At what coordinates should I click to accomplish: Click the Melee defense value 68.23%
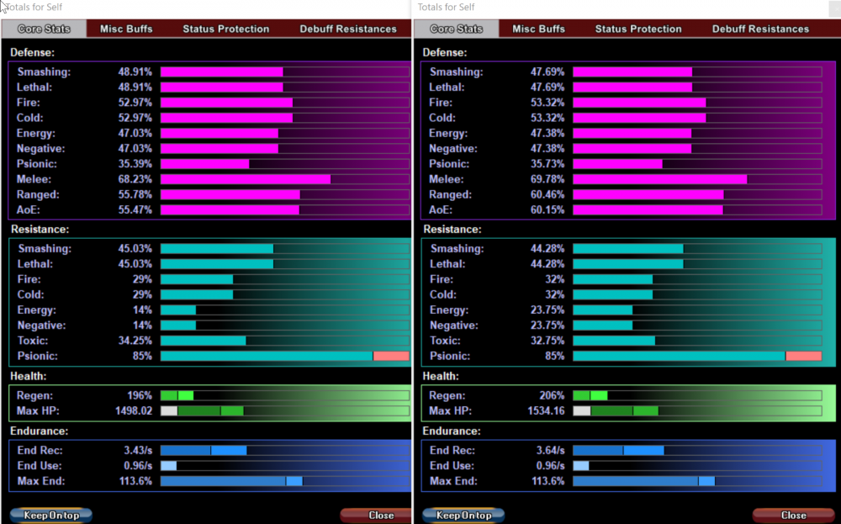135,179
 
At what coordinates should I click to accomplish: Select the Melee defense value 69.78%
547,179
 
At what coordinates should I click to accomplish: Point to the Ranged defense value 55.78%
135,194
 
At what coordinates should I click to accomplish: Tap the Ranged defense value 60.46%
547,194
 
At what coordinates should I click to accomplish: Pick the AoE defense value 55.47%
135,209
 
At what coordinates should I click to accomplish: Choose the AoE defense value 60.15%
547,209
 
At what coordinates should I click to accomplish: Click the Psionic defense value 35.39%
135,164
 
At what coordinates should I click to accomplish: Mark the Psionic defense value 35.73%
547,164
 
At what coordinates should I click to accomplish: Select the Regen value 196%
140,395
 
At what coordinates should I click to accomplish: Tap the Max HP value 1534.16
544,411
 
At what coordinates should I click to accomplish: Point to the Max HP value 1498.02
133,411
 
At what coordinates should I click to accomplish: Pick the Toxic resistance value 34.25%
135,341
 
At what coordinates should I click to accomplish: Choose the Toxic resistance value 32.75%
547,341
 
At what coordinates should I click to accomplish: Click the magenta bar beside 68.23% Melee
245,179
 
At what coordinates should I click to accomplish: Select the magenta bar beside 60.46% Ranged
648,194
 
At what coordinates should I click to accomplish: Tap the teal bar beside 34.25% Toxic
203,341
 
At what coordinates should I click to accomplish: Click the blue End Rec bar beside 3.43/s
203,450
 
